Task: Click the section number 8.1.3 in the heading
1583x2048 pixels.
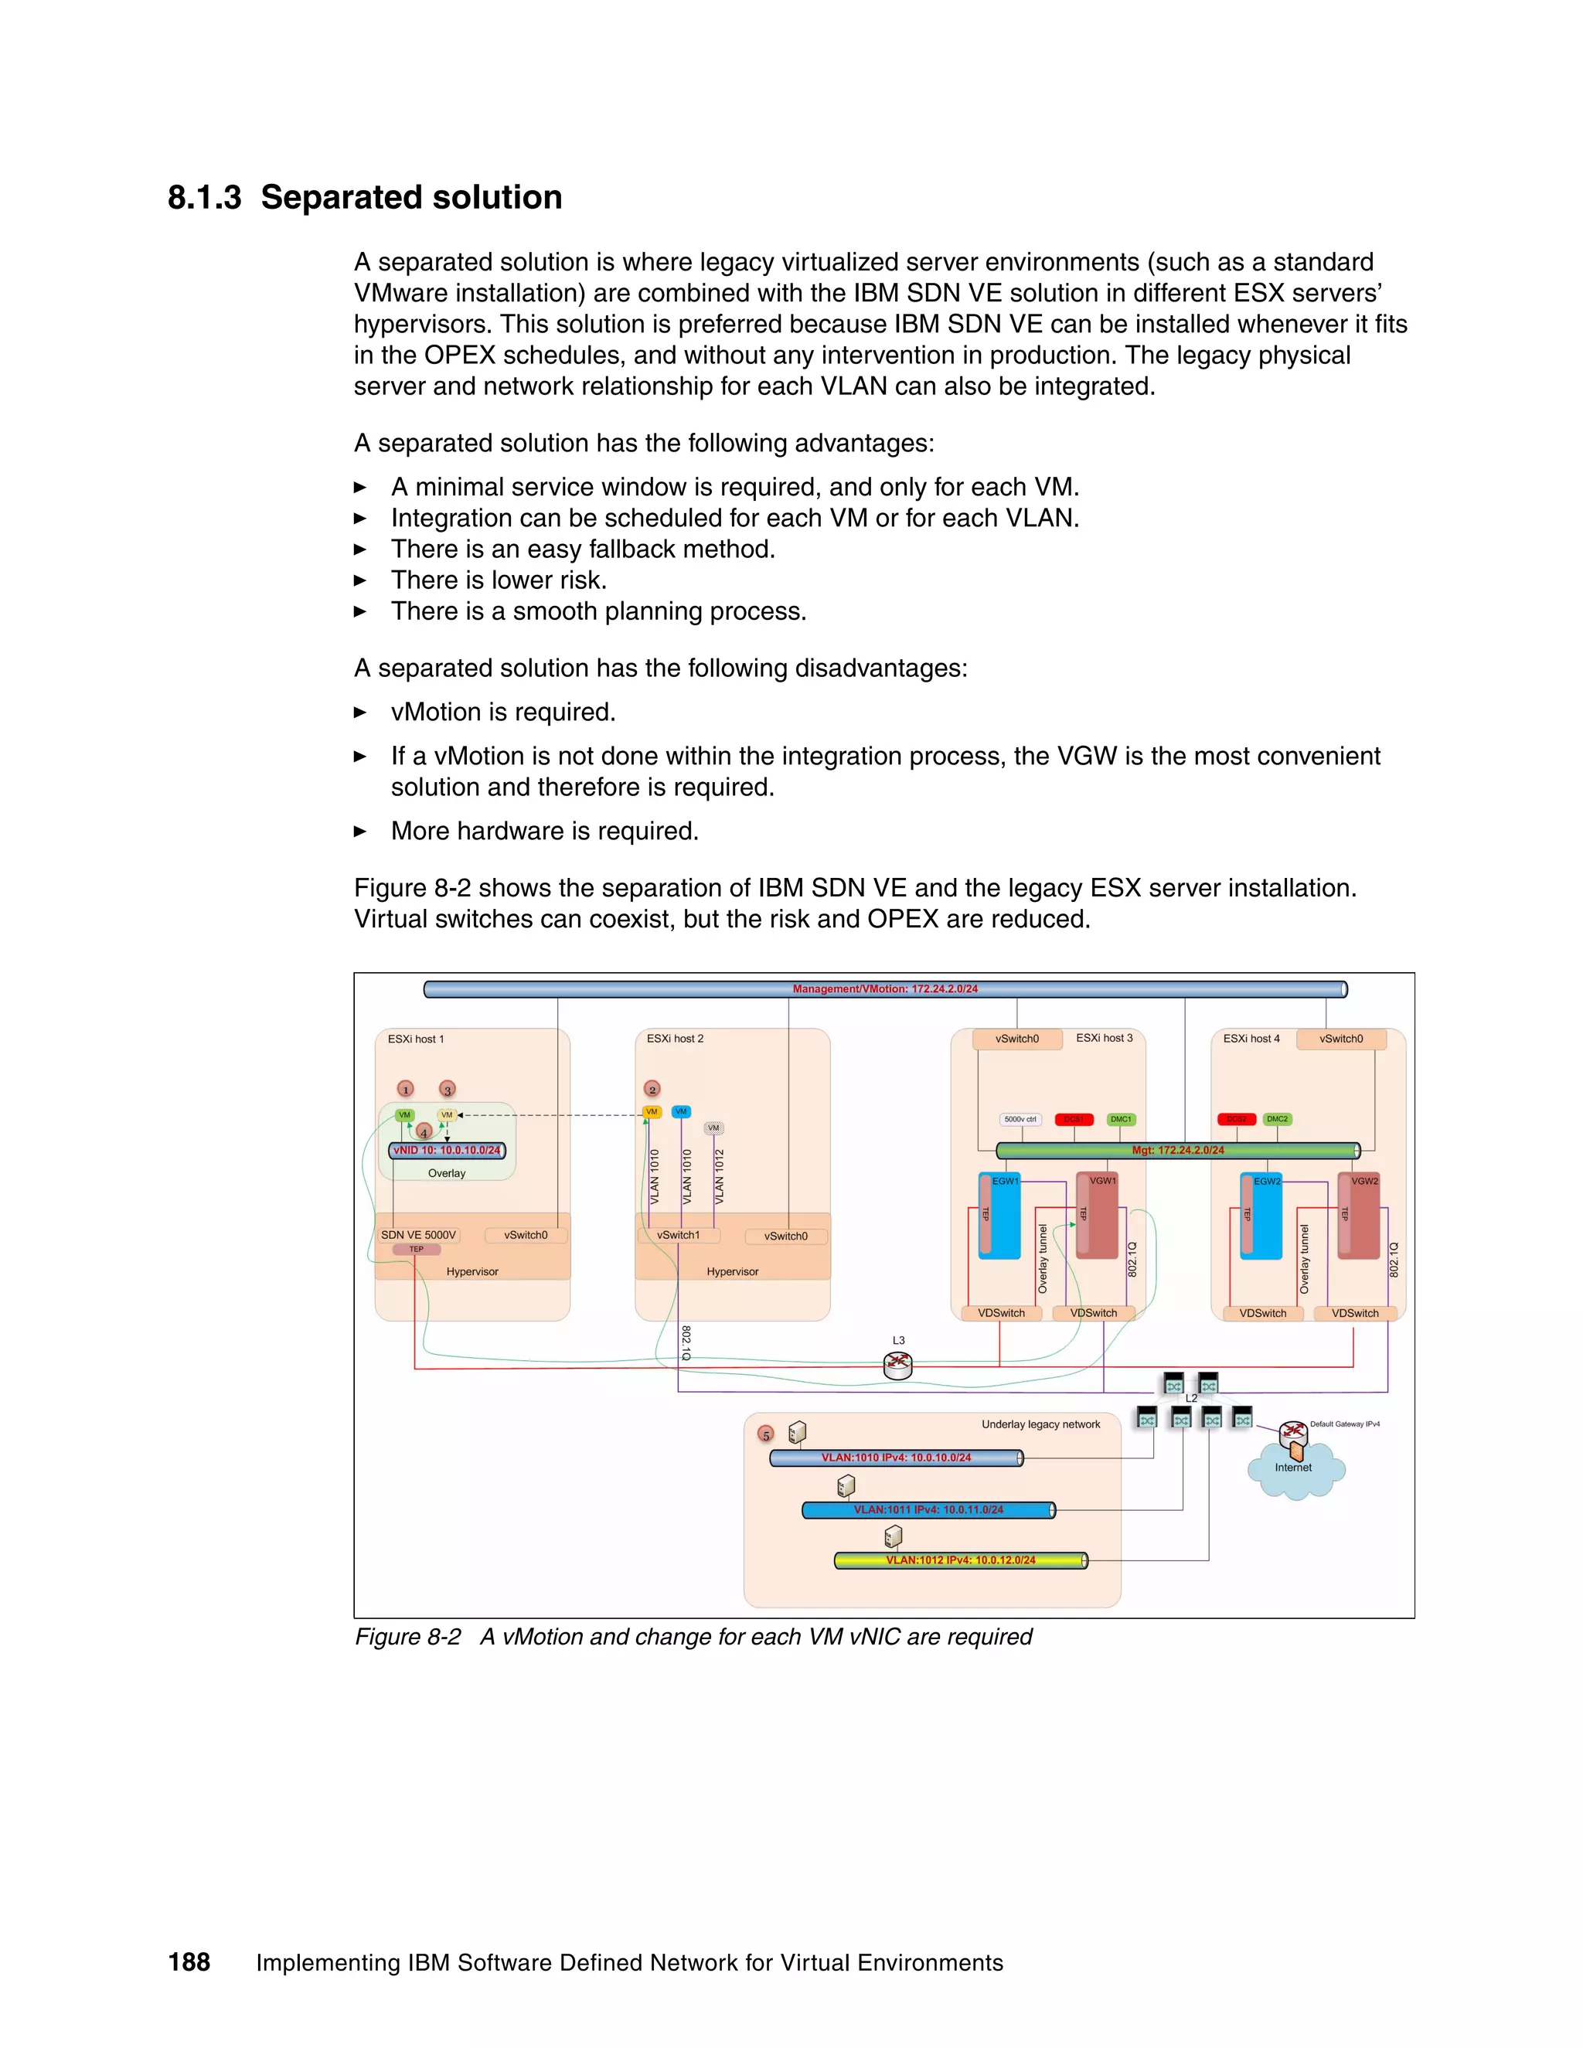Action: (203, 198)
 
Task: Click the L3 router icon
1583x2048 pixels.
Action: (897, 1366)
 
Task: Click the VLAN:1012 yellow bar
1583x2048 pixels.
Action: (960, 1560)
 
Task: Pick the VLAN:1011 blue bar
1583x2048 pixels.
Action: (928, 1510)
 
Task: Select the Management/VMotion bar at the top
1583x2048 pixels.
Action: (884, 989)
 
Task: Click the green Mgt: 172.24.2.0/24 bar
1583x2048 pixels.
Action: (1177, 1151)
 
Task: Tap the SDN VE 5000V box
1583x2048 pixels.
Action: (418, 1235)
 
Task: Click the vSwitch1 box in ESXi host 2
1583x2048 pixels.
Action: (678, 1235)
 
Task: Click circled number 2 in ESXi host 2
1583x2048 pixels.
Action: (652, 1089)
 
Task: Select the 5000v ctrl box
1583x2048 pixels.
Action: (1020, 1119)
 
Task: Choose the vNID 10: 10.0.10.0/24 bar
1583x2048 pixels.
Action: (447, 1151)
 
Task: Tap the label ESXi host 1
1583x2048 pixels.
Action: (415, 1039)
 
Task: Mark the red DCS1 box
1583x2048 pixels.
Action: (1074, 1119)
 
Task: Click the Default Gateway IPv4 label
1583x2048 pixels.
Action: (1344, 1424)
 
